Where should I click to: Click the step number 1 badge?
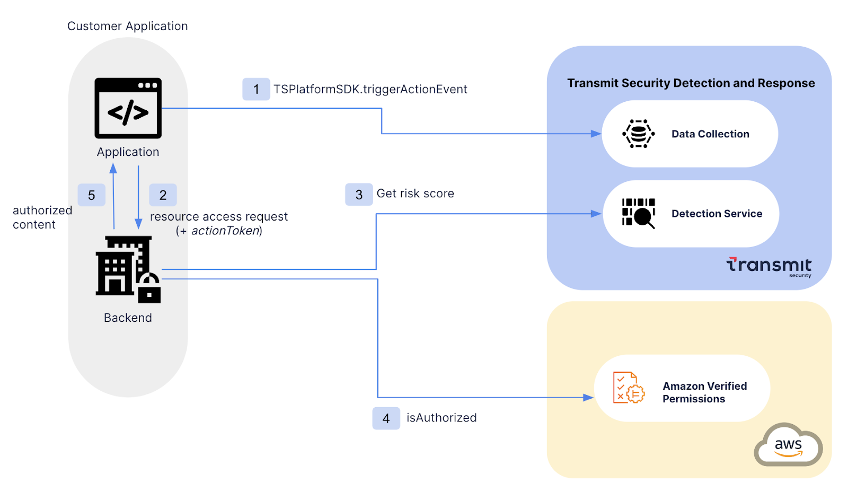[256, 89]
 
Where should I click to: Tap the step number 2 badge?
[163, 195]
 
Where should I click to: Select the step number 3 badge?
[359, 195]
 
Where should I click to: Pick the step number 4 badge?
[386, 418]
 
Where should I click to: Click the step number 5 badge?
[91, 195]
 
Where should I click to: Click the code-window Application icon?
[128, 108]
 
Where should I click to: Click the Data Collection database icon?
[638, 134]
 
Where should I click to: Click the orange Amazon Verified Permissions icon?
[629, 388]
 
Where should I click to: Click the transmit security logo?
[769, 266]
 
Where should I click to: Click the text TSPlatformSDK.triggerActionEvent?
[370, 89]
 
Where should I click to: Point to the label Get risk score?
[415, 194]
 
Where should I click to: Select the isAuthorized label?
[441, 418]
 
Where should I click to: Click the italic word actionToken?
[225, 231]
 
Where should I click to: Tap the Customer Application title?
[127, 26]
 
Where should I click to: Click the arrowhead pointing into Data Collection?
[596, 134]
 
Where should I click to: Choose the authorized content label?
[42, 217]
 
